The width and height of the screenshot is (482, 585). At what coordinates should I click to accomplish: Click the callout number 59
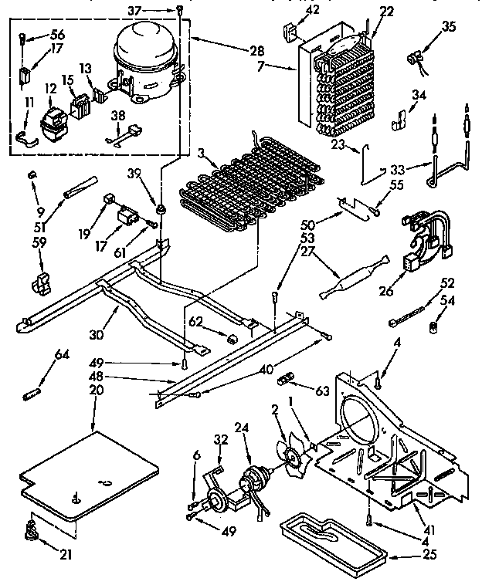pos(39,242)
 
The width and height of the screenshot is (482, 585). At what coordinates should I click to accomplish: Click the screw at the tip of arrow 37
pos(179,9)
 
